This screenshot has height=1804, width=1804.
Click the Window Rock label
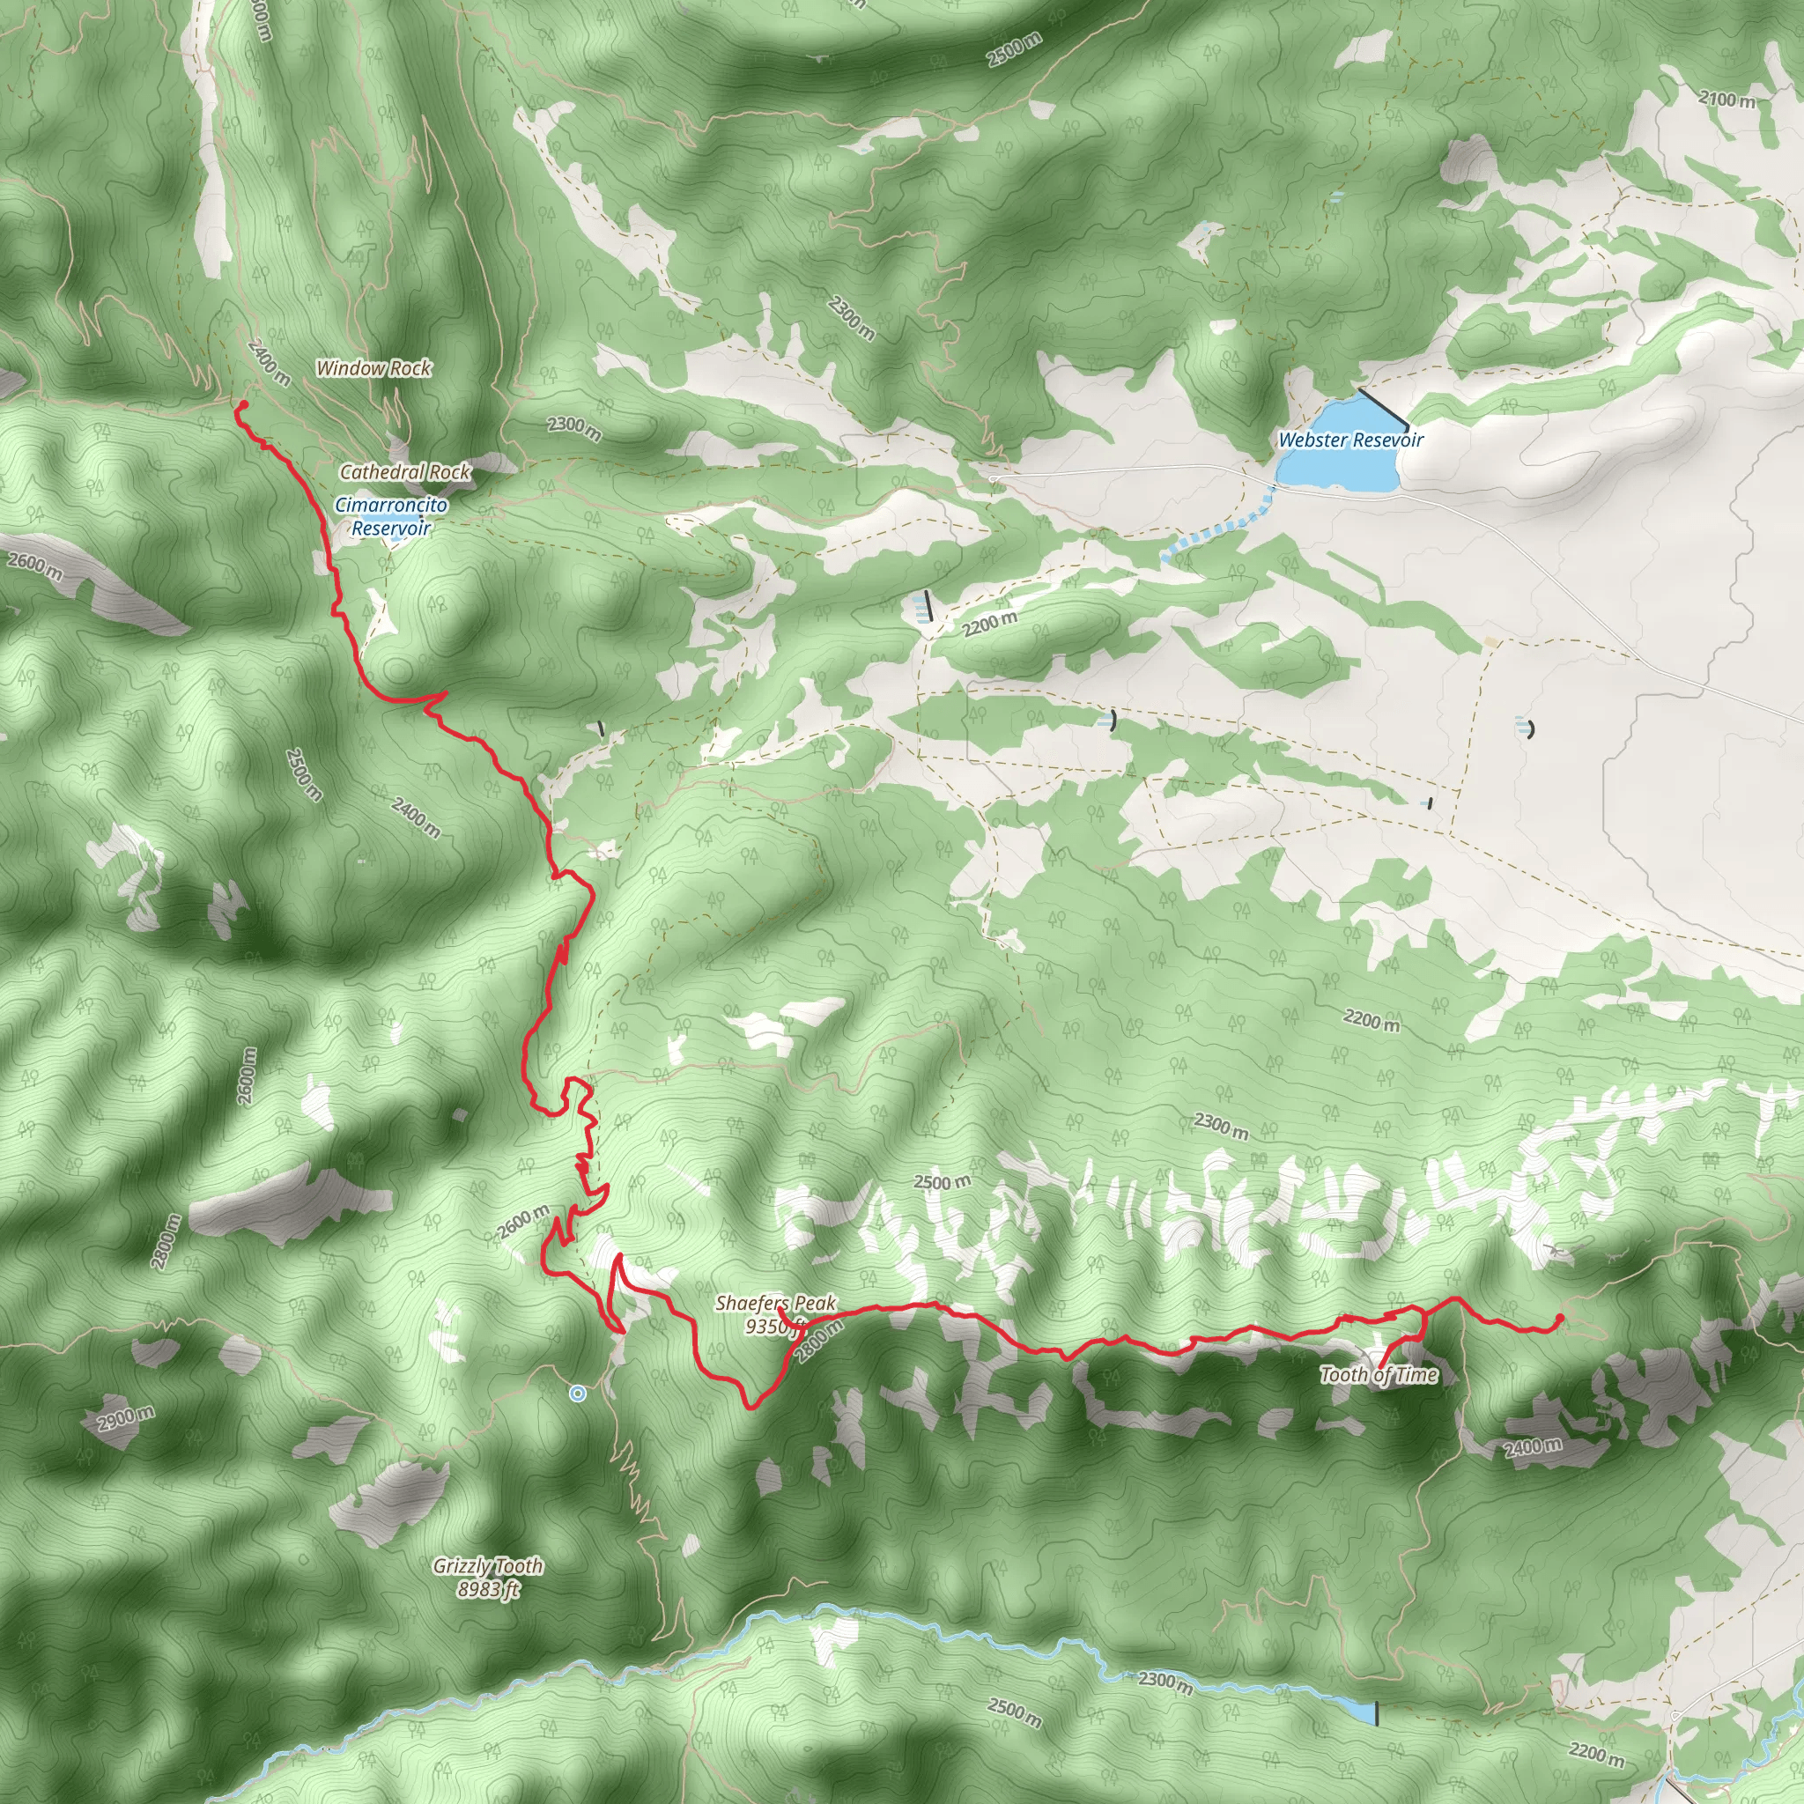(x=373, y=368)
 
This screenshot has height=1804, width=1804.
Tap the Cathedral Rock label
(x=405, y=472)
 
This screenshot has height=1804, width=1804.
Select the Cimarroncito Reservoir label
(x=391, y=516)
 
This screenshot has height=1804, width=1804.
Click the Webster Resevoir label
(x=1350, y=440)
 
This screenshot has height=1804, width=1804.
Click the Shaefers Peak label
(x=776, y=1303)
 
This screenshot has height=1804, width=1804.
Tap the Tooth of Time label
(x=1379, y=1374)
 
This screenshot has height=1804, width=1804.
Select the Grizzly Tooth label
(x=487, y=1566)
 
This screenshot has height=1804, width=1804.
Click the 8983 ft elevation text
(x=487, y=1588)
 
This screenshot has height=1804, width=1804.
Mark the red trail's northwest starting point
(x=240, y=404)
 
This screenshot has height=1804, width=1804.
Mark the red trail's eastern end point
(x=1560, y=1318)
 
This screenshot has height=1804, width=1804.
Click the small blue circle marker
(x=578, y=1394)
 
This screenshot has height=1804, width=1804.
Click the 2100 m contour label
(x=1726, y=99)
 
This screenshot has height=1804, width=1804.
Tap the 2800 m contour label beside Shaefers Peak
(x=820, y=1342)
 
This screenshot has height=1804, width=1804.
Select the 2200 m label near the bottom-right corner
(x=1597, y=1727)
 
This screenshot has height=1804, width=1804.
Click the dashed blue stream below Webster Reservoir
(x=1214, y=532)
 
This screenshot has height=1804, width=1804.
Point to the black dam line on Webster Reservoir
(x=1383, y=410)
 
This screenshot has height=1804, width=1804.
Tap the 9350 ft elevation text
(x=773, y=1325)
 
